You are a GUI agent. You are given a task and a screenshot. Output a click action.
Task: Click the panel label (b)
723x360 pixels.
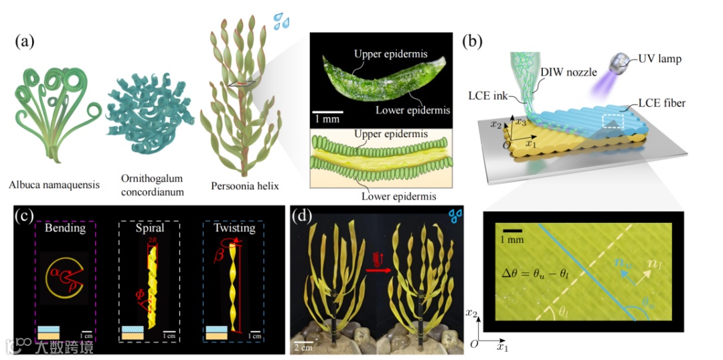tap(474, 41)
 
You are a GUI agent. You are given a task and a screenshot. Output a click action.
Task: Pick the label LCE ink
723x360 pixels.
tap(491, 110)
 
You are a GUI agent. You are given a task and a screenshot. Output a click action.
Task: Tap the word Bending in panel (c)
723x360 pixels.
tap(66, 228)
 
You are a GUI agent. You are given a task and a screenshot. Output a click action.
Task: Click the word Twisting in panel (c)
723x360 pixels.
tap(234, 228)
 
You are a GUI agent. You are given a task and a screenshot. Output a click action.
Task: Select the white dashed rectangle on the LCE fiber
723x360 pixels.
tap(614, 120)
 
